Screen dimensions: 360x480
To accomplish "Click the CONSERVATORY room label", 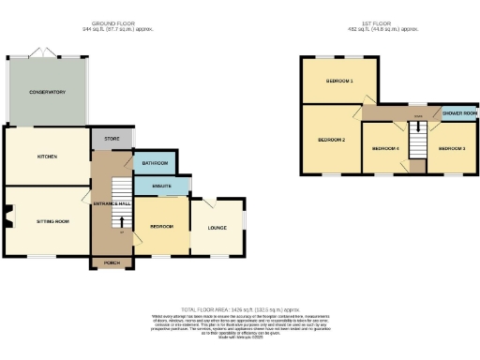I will (x=46, y=92).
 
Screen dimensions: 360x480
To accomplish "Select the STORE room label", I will (x=112, y=140).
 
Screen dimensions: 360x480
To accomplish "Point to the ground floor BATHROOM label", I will (x=155, y=163).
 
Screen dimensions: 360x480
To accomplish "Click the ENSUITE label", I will (x=160, y=187).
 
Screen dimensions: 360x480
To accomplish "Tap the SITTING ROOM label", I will (x=52, y=221).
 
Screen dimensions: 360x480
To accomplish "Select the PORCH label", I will (x=112, y=262).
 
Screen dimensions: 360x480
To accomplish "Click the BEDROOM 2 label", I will (x=331, y=140).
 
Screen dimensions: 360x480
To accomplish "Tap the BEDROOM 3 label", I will (x=452, y=148).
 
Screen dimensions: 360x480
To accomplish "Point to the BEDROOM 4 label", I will (x=385, y=148).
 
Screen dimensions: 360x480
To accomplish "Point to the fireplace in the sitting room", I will (x=8, y=221).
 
